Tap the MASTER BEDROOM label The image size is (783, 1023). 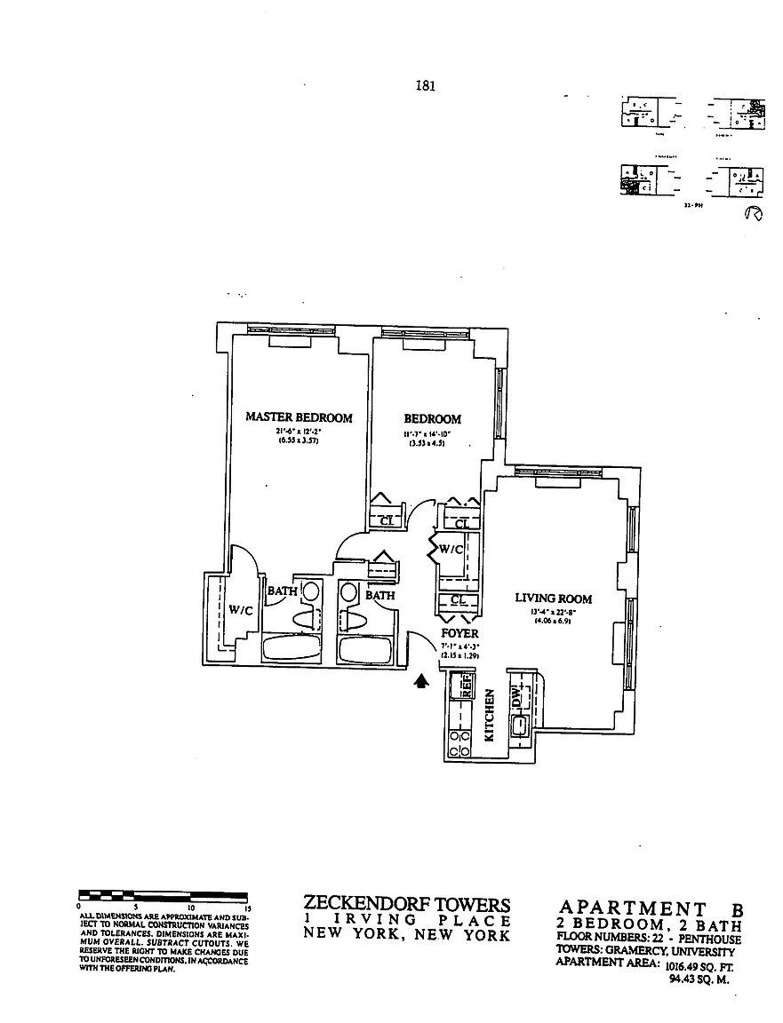click(x=299, y=417)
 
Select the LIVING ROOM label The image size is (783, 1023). click(x=553, y=599)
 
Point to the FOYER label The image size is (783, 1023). click(x=459, y=633)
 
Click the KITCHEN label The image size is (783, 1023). click(x=489, y=716)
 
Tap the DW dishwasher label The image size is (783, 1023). click(x=517, y=699)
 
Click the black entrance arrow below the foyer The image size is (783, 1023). click(x=422, y=681)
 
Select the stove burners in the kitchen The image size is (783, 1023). click(x=460, y=743)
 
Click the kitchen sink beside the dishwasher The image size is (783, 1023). click(x=518, y=725)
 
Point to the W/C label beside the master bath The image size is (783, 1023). click(x=241, y=610)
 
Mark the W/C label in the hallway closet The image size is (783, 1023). click(x=451, y=550)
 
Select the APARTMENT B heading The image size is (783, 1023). click(x=650, y=908)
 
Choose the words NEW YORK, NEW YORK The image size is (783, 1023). click(x=407, y=935)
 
